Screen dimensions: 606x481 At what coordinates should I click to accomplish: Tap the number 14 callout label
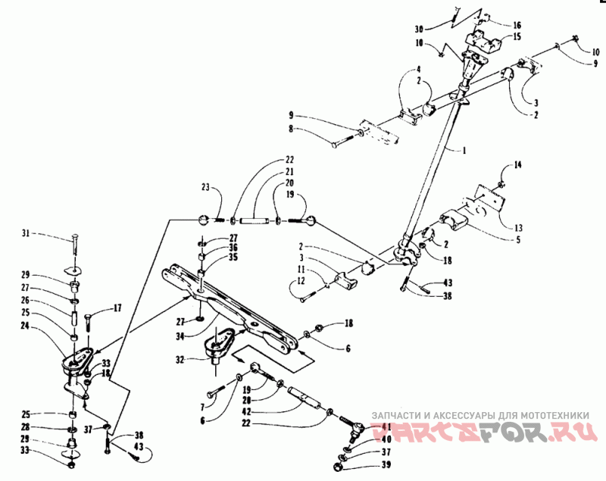click(x=518, y=164)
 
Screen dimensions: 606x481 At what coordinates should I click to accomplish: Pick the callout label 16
click(x=517, y=25)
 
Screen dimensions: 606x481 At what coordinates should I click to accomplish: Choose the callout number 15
click(x=517, y=36)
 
